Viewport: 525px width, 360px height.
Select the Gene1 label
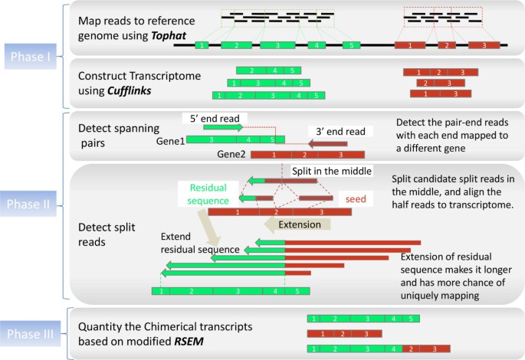point(171,141)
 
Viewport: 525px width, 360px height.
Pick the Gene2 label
point(230,154)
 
